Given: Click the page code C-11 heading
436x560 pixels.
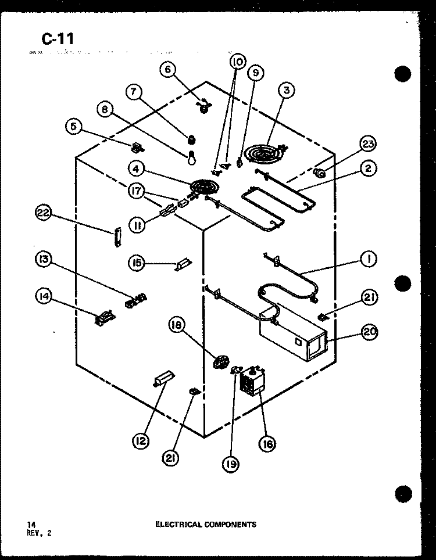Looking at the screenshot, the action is (58, 38).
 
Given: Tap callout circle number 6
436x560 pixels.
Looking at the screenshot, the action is (168, 70).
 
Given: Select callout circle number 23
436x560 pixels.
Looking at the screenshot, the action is (368, 144).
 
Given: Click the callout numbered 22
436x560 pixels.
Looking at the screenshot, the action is (43, 213).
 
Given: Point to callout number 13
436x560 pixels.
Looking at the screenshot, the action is (44, 259).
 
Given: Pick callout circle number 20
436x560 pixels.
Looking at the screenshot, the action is (370, 332).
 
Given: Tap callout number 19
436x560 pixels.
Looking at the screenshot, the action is (231, 464).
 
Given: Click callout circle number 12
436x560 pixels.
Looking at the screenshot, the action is (141, 441).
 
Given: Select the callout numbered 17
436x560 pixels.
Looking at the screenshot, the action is (136, 191).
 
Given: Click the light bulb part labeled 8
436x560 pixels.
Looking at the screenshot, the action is (192, 157).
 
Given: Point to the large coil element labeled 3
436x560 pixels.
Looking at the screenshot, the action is (265, 153).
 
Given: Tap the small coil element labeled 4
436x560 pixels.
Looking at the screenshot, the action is (202, 187).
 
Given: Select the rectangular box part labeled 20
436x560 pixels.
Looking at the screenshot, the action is (294, 333).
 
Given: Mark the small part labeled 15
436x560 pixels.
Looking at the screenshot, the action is (183, 264).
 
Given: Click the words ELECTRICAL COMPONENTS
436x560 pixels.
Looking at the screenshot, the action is (206, 525).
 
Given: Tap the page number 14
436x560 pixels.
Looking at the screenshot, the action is (31, 525).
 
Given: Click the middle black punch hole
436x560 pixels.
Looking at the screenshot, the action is (403, 283).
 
